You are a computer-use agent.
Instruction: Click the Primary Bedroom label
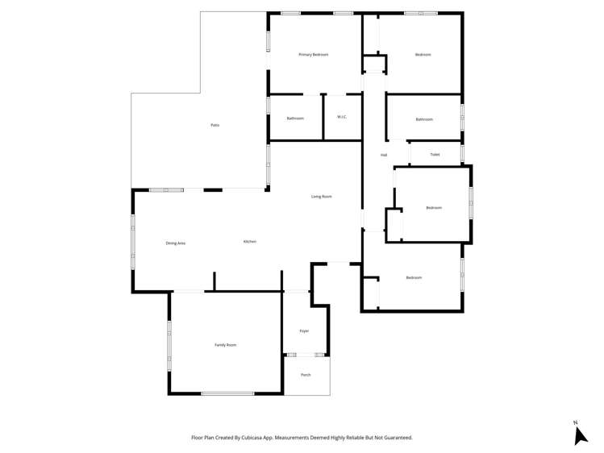(313, 55)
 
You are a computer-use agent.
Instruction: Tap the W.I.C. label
(342, 118)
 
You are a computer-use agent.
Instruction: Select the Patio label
(215, 125)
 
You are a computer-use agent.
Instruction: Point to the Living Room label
(322, 197)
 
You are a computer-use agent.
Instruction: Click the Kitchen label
(250, 242)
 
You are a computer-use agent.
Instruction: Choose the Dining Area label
(176, 243)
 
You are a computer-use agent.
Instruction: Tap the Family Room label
(226, 345)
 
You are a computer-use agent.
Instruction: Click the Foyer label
(304, 331)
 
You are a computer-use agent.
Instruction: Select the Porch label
(306, 375)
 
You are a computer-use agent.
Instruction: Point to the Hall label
(384, 155)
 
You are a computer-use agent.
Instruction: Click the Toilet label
(435, 154)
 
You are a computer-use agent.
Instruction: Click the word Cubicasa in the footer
(260, 438)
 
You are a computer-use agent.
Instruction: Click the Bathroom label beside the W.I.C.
(295, 118)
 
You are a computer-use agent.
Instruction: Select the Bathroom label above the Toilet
(424, 119)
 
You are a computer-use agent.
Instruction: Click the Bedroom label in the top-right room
(423, 55)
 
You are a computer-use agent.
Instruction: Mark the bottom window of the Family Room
(227, 393)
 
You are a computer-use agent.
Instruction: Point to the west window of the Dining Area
(133, 239)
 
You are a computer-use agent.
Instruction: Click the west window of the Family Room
(169, 346)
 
